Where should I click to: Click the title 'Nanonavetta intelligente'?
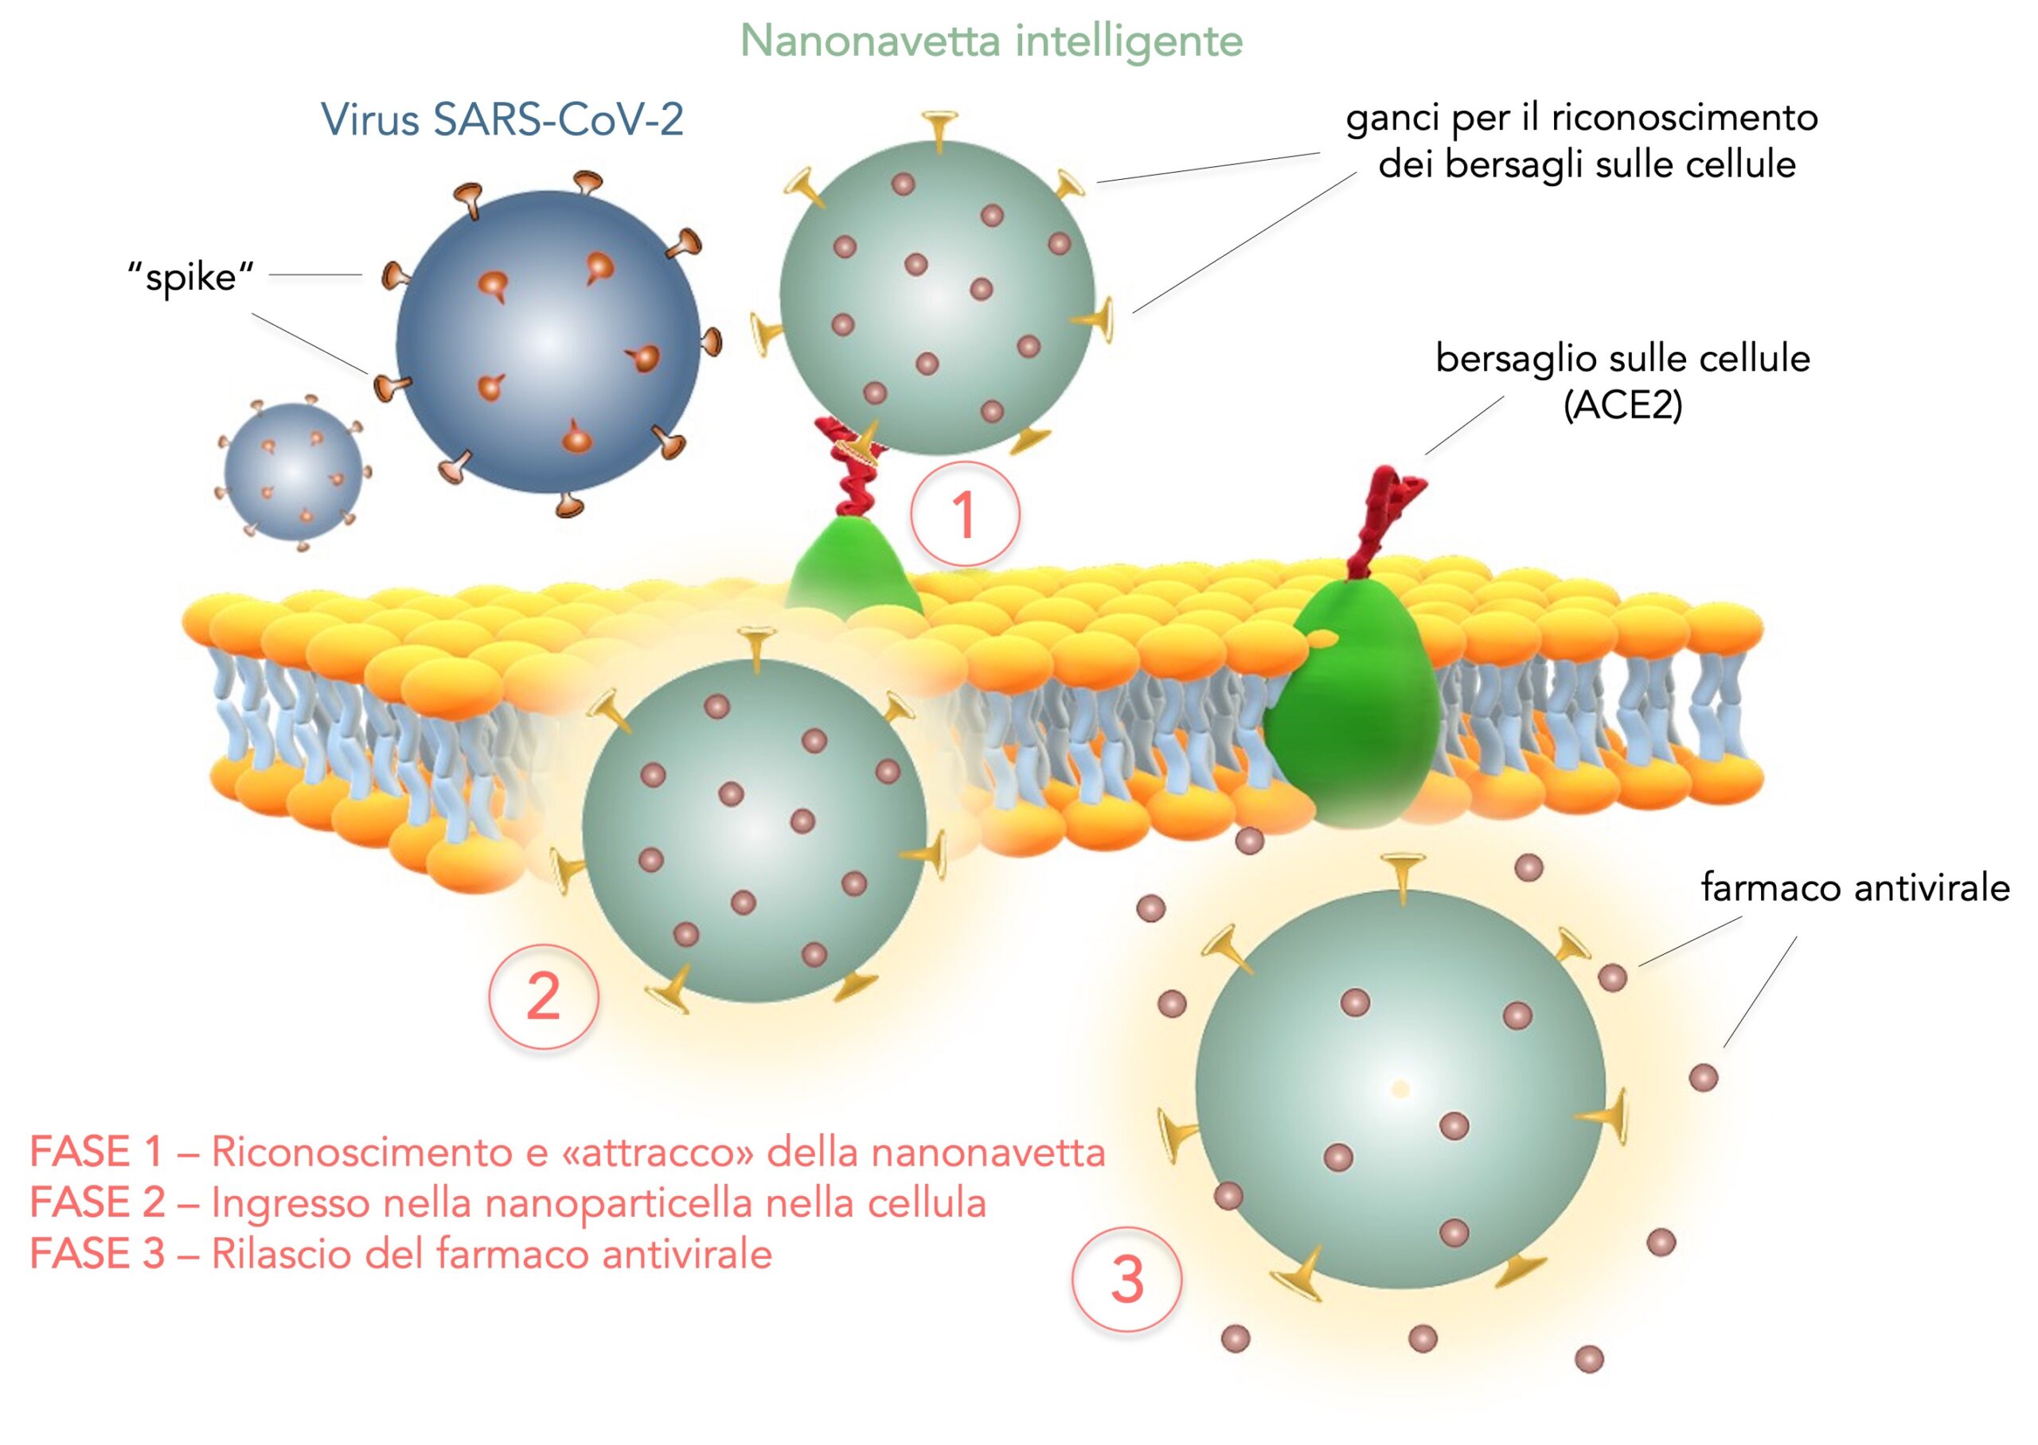990,41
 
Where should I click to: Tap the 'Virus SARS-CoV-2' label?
502,119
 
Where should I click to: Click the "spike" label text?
190,278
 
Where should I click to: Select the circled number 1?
965,515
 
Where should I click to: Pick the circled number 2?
543,996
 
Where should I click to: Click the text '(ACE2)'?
1622,406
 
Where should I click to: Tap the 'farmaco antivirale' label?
1855,888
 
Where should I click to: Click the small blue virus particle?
293,472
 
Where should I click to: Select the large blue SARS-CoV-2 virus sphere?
549,343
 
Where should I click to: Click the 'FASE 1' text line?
567,1152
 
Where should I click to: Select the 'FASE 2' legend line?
507,1203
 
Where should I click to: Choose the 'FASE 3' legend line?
400,1255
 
